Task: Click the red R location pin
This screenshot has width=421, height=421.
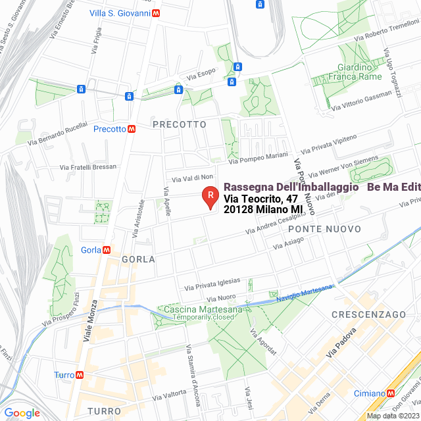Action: (x=209, y=196)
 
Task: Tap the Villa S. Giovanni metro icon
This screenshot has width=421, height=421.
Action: (x=155, y=12)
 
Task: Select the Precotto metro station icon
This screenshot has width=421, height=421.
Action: (x=132, y=129)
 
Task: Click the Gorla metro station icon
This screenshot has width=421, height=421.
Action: (x=106, y=249)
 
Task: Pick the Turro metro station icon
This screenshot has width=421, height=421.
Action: (x=80, y=374)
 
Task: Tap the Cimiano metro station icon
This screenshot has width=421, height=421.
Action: (x=391, y=393)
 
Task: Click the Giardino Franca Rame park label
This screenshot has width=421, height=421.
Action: (x=359, y=72)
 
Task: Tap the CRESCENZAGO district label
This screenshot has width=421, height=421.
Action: (x=368, y=314)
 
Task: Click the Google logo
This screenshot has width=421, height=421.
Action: (x=22, y=412)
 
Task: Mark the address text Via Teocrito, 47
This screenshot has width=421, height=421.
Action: (x=254, y=199)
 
